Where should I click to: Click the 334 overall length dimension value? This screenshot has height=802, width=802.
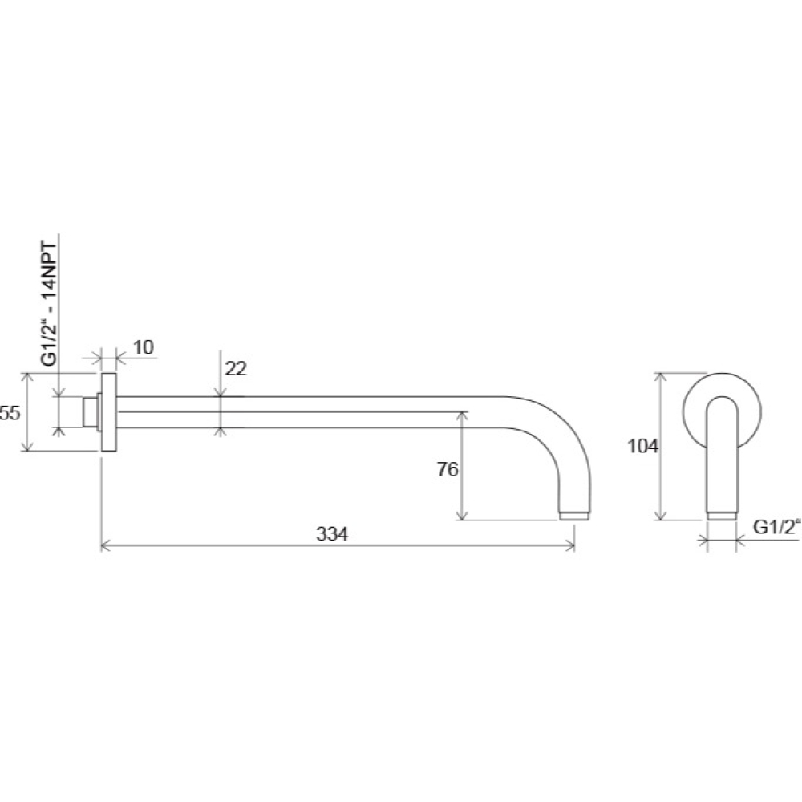coord(332,534)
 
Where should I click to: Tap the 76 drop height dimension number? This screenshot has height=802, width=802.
coord(448,469)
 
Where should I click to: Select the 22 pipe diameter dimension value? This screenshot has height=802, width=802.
coord(236,368)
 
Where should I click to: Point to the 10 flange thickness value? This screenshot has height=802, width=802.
coord(144,347)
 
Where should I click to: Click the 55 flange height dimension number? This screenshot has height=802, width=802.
coord(10,412)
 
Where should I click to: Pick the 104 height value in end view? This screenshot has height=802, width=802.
coord(643,446)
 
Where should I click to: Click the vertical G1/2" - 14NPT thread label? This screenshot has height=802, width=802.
coord(49,303)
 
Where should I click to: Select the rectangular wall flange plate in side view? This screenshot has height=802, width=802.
coord(109,412)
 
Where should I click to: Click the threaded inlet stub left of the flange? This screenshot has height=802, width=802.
coord(90,412)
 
